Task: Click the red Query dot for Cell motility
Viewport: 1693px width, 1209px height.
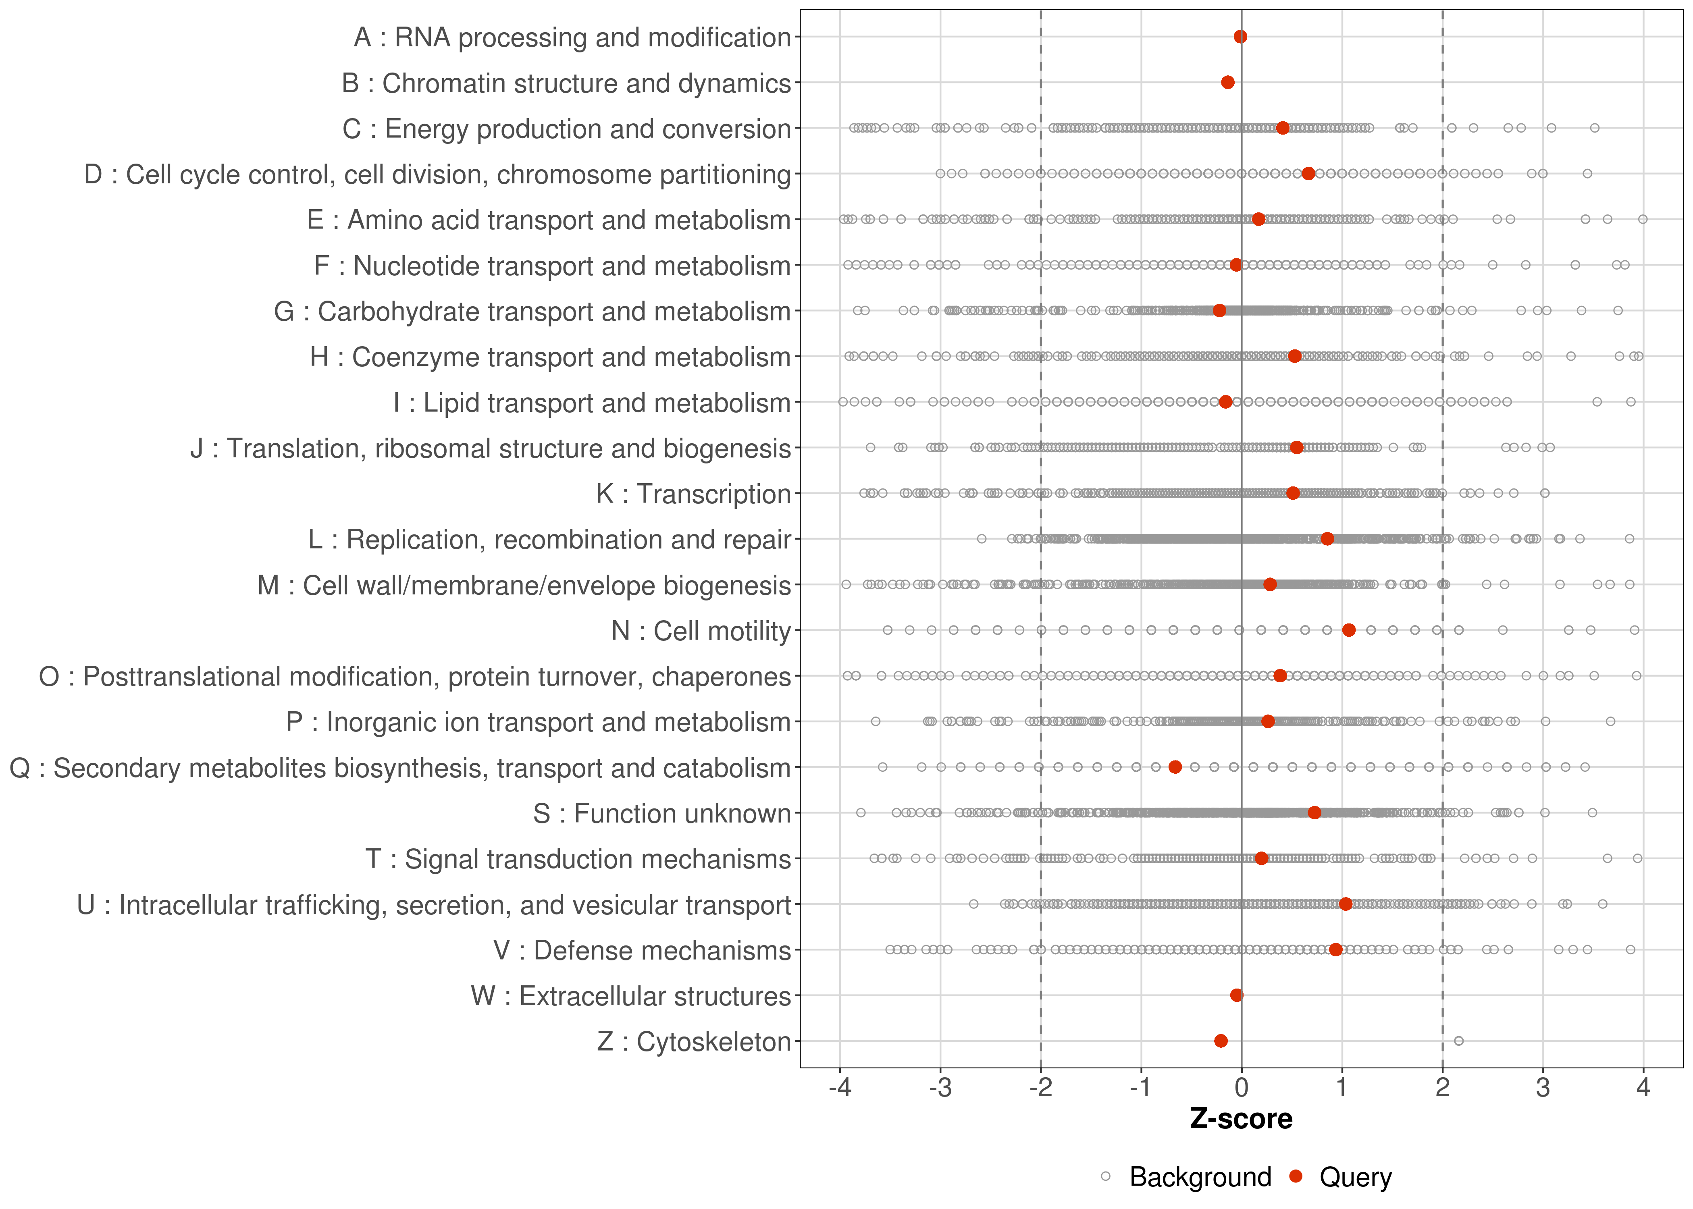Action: [1348, 630]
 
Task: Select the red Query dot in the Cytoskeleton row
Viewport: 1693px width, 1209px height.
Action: [1220, 1041]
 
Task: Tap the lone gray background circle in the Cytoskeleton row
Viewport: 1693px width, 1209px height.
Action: [1458, 1041]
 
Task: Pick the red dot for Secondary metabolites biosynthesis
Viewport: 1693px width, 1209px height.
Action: [1175, 767]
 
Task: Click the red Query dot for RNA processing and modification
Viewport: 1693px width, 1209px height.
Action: [1240, 37]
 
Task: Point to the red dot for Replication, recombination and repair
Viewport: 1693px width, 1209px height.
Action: [1327, 538]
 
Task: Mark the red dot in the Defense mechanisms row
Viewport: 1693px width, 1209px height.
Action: [1335, 949]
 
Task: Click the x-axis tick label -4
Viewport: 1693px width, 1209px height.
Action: [840, 1089]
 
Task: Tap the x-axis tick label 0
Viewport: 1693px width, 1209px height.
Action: [1241, 1089]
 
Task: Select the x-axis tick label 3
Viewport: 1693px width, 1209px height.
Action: [1543, 1089]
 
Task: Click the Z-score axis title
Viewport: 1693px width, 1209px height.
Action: [1241, 1119]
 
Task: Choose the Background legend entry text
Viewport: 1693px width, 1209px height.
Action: [1200, 1177]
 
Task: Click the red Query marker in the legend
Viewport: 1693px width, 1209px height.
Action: [1296, 1176]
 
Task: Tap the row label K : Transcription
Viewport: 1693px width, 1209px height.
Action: [693, 494]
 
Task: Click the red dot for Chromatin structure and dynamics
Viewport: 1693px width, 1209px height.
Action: [1228, 82]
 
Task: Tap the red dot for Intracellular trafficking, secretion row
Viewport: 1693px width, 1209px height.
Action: [1345, 904]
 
